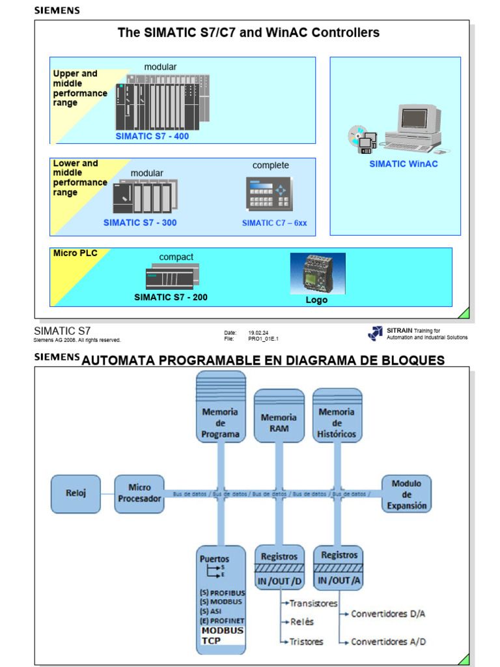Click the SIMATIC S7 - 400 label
[x=152, y=137]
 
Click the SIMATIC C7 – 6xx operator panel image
[x=270, y=193]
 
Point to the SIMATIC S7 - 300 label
[x=140, y=223]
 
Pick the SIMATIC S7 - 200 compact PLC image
[x=172, y=277]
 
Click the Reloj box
[x=76, y=493]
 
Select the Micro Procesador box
[x=139, y=493]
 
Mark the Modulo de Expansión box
[x=406, y=494]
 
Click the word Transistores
[x=313, y=603]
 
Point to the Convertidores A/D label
[x=389, y=642]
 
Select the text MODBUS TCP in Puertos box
[x=222, y=636]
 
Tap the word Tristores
[x=306, y=642]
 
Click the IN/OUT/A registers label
[x=338, y=580]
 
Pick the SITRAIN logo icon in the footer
[x=375, y=333]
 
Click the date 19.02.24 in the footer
[x=255, y=332]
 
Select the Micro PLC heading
[x=75, y=253]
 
